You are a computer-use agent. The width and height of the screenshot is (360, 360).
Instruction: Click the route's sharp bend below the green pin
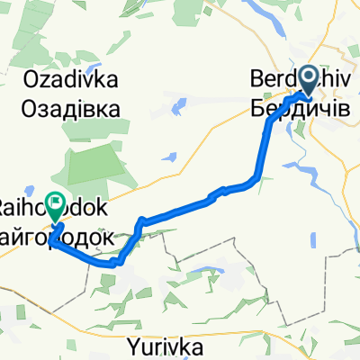[52, 241]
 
